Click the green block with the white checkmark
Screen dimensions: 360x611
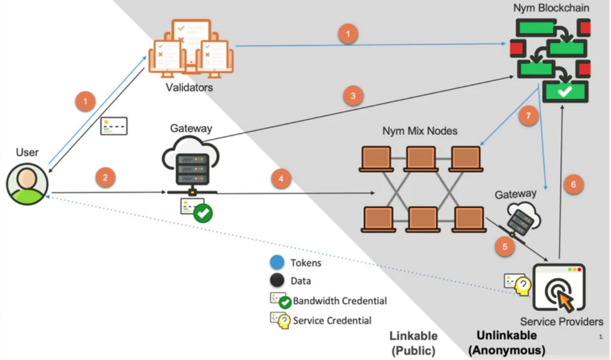tap(565, 91)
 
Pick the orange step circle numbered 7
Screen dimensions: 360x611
tap(528, 116)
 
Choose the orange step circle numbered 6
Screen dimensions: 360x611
tap(573, 184)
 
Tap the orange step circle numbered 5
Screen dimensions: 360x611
tap(505, 247)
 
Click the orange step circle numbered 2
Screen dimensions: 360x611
tap(105, 177)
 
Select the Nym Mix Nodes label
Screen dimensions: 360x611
tap(420, 131)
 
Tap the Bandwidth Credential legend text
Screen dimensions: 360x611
tap(340, 301)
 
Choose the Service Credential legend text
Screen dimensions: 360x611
tap(332, 320)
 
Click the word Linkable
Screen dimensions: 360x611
tap(414, 336)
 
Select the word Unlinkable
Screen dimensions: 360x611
tap(506, 336)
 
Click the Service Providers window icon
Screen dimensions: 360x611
tap(558, 288)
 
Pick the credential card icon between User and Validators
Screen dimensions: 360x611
tap(114, 126)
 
